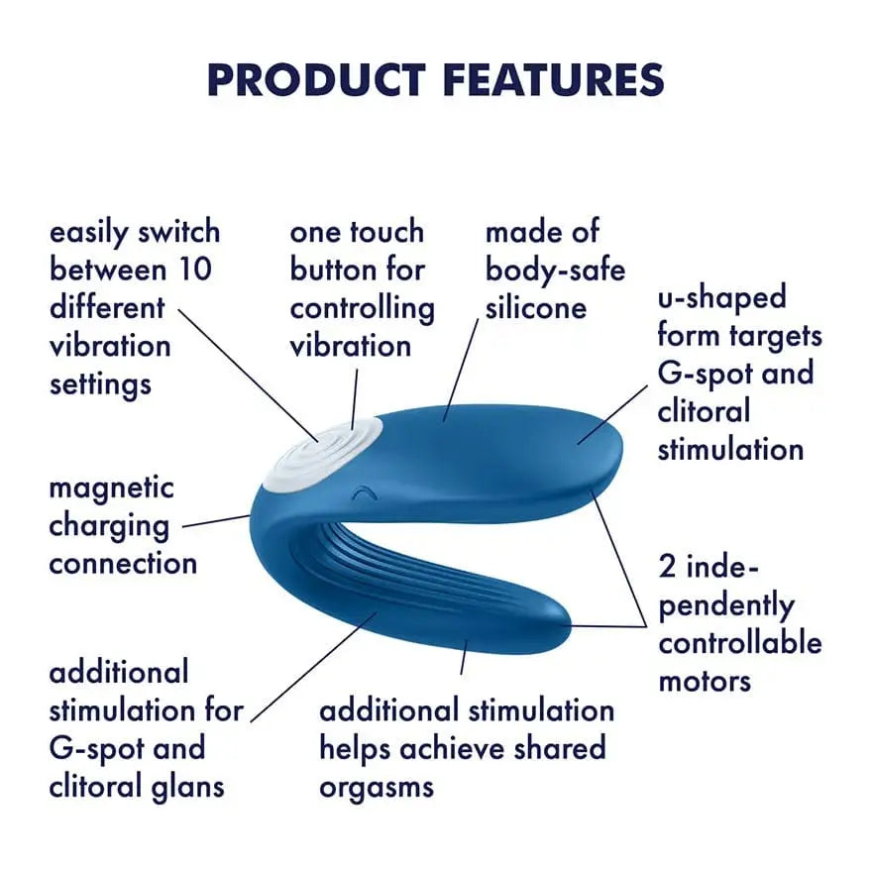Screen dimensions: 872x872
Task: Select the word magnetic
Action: [x=111, y=488]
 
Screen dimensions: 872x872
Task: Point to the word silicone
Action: [x=535, y=307]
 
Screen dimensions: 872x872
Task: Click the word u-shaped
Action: [x=721, y=297]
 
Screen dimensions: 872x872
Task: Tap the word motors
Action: [x=705, y=681]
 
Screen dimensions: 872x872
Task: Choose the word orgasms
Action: [x=377, y=787]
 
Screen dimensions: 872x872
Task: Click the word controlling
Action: [x=362, y=308]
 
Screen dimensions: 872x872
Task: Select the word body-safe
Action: [x=555, y=270]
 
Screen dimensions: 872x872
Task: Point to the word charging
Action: [x=109, y=526]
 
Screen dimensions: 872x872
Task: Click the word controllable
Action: [x=740, y=643]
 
